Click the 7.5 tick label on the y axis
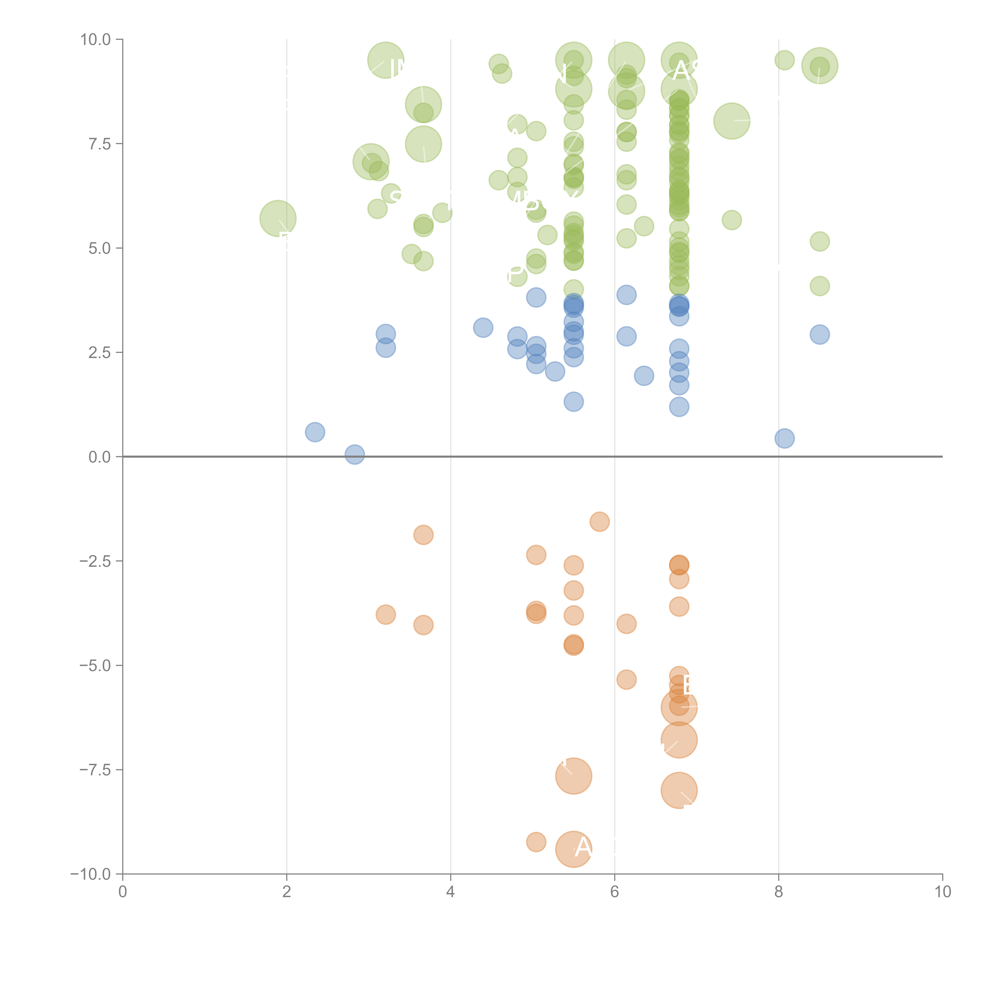point(100,144)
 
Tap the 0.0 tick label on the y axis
point(100,457)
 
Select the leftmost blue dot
point(315,432)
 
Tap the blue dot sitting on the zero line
point(354,454)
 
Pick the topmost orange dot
point(600,521)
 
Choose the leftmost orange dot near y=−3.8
point(386,615)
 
